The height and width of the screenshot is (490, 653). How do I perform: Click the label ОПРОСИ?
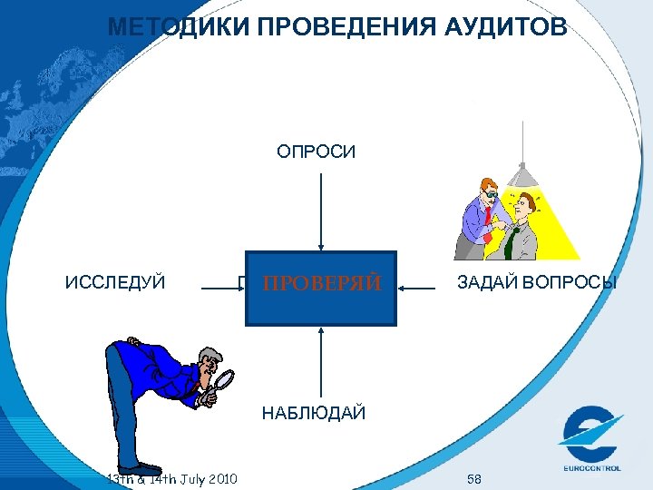coord(317,152)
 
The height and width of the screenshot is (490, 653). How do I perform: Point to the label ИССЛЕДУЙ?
coord(115,283)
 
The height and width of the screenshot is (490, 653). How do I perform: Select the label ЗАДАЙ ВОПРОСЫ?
coord(537,283)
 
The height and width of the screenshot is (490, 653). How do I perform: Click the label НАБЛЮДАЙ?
coord(314,414)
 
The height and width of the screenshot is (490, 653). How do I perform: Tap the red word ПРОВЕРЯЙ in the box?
coord(321,284)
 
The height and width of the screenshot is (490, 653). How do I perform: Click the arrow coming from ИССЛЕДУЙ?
coord(222,288)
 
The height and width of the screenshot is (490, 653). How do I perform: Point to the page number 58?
coord(474,477)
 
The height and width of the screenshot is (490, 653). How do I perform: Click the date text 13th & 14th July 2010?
coord(171,478)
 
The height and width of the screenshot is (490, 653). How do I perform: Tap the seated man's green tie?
coord(512,242)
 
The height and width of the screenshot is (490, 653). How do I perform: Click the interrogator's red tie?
coord(487,216)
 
